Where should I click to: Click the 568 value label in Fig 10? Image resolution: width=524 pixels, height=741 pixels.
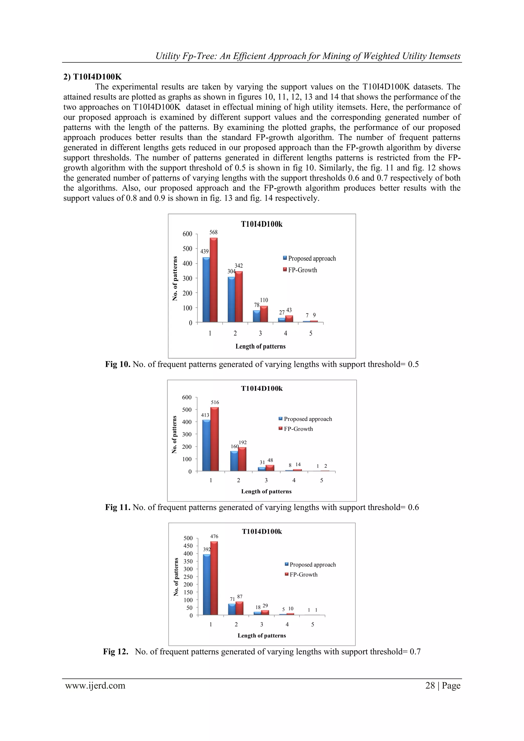click(213, 232)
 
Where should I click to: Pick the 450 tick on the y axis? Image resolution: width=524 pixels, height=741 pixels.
click(188, 546)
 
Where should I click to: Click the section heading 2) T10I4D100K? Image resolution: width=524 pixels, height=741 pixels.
click(93, 77)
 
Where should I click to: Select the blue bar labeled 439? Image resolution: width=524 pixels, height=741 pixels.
click(206, 289)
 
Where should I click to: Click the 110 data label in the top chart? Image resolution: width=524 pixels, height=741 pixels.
click(264, 300)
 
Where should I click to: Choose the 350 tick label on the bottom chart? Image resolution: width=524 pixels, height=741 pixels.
click(188, 561)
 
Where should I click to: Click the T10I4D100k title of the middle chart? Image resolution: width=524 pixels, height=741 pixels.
click(262, 389)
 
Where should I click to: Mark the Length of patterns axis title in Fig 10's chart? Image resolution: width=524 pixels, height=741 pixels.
click(260, 346)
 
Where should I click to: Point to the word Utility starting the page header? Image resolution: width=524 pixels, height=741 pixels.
click(167, 56)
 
